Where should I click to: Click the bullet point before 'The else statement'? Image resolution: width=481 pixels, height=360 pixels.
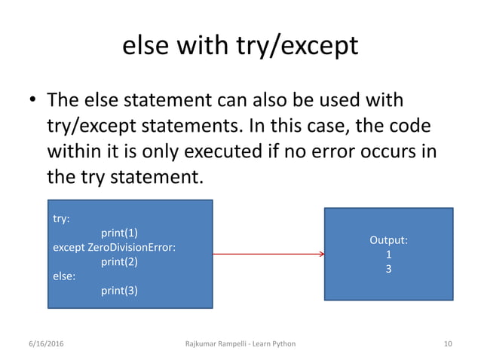point(33,102)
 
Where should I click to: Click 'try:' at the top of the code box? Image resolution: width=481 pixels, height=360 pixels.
point(61,219)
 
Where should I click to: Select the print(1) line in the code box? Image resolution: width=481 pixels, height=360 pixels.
point(120,233)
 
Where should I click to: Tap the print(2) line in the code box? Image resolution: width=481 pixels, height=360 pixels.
point(120,261)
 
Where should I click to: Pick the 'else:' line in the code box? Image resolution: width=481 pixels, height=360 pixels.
point(64,276)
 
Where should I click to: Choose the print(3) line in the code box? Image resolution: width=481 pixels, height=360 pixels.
point(120,290)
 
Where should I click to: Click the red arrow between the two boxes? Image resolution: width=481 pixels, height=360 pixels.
point(268,255)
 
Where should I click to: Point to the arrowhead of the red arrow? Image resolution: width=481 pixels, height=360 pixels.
point(322,255)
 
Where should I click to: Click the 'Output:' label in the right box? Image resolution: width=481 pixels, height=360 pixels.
point(388,240)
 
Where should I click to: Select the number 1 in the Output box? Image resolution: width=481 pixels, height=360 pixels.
point(388,255)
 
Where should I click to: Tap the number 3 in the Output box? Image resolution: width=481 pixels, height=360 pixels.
point(388,268)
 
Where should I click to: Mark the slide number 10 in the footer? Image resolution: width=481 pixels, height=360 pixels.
point(448,344)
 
